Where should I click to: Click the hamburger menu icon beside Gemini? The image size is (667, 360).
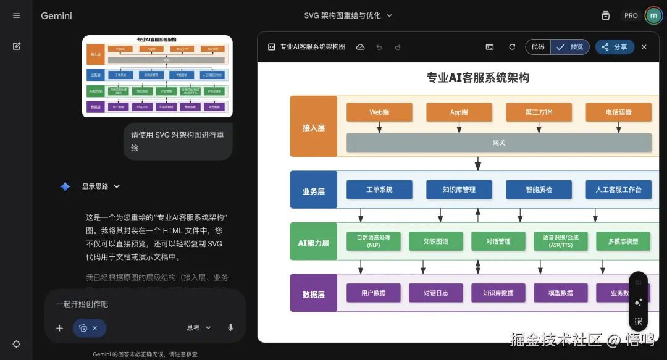17,15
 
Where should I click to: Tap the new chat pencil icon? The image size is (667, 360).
17,46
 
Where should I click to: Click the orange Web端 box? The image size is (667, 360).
379,112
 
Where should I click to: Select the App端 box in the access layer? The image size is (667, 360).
459,112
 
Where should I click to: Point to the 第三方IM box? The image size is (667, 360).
539,112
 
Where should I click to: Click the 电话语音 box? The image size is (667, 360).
618,112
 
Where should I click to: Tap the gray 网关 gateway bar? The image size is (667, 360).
499,143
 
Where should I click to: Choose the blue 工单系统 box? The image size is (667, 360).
379,190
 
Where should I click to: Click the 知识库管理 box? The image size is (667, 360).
459,190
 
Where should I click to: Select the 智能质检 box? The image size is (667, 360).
539,190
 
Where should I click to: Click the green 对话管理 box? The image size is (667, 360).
498,241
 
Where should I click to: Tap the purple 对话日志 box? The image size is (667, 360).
435,293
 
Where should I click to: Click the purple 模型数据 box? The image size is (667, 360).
561,293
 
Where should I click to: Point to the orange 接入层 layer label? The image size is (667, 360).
314,128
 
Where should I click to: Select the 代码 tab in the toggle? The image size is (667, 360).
538,47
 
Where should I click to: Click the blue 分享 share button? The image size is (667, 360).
615,47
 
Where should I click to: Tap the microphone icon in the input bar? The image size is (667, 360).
231,327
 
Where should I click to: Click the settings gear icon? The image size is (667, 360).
17,344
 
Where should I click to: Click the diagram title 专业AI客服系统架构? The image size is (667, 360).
477,78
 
